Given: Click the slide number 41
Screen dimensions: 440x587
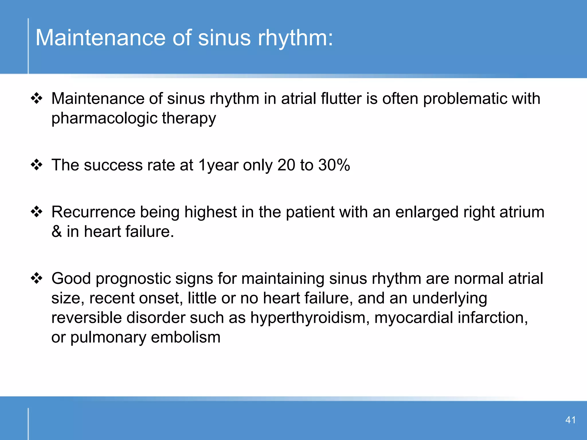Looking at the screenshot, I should (x=570, y=420).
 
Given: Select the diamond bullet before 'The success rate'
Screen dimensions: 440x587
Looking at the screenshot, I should (x=37, y=165).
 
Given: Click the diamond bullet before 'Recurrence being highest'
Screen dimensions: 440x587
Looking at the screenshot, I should (x=37, y=212).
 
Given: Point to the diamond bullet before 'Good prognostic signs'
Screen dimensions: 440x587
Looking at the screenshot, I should (x=37, y=278).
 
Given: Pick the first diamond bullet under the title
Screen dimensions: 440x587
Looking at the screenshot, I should (x=37, y=99).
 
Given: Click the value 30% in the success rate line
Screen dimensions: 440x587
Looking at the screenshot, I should (x=334, y=165).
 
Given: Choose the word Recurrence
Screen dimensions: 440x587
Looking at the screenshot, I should (x=93, y=212).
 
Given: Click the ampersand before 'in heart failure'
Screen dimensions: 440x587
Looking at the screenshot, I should (x=57, y=231).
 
